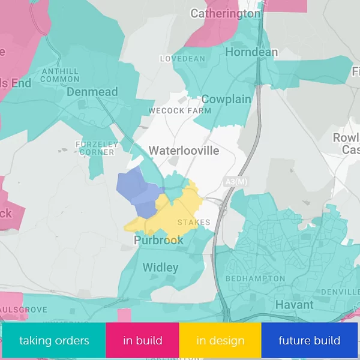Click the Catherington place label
(x=226, y=13)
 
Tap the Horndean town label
(x=251, y=52)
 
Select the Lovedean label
(x=182, y=59)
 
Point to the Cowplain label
(x=226, y=99)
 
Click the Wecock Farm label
(x=180, y=111)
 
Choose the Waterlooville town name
(x=184, y=150)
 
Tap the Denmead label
(x=92, y=92)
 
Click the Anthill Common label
(x=60, y=75)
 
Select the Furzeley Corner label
(x=95, y=148)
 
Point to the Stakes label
(x=194, y=223)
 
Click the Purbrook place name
(x=158, y=240)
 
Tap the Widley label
(x=160, y=267)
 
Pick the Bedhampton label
(x=255, y=279)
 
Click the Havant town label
(x=294, y=305)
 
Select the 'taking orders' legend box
(x=54, y=341)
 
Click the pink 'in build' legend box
(x=142, y=341)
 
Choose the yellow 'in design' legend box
(x=220, y=341)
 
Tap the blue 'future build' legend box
(x=309, y=341)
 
